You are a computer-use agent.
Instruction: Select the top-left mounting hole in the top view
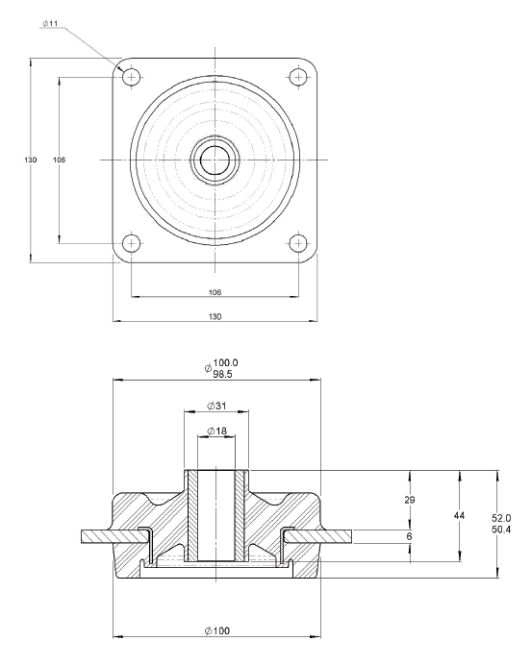coord(133,75)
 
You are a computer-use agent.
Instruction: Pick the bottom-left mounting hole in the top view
coord(133,242)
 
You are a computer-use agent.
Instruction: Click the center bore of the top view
coord(215,159)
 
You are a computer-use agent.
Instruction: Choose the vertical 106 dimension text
coord(59,160)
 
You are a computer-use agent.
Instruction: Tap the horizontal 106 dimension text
coord(215,291)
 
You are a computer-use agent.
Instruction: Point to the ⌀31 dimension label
coord(216,404)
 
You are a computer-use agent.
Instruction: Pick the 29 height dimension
coord(410,501)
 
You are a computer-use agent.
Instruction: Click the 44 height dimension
coord(459,516)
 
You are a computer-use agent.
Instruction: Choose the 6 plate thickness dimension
coord(410,536)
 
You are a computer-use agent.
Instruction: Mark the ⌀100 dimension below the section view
coord(215,630)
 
